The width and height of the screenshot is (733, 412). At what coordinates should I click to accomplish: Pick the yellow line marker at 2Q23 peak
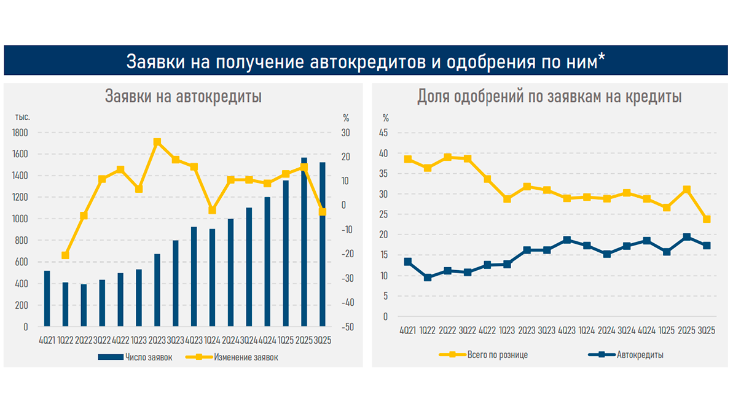(157, 142)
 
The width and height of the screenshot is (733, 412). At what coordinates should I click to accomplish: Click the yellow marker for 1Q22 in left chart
(65, 255)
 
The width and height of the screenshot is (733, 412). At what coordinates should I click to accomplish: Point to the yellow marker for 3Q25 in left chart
(322, 212)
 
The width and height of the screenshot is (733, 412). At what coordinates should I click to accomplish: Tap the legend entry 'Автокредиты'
(639, 355)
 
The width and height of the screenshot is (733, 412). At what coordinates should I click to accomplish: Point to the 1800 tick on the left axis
(20, 133)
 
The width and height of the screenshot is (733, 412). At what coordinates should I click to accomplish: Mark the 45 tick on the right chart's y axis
(385, 133)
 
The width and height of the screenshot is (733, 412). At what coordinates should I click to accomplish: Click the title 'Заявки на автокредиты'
(184, 96)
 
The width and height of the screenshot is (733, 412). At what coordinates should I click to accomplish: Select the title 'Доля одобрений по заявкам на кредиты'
(549, 96)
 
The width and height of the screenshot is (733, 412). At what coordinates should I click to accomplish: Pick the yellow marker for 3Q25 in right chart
(707, 219)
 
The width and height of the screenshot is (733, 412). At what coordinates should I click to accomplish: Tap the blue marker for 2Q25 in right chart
(687, 237)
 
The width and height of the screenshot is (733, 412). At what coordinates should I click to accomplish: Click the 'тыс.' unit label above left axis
(23, 117)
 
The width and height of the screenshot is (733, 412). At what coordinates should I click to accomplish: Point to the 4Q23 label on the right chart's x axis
(566, 330)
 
